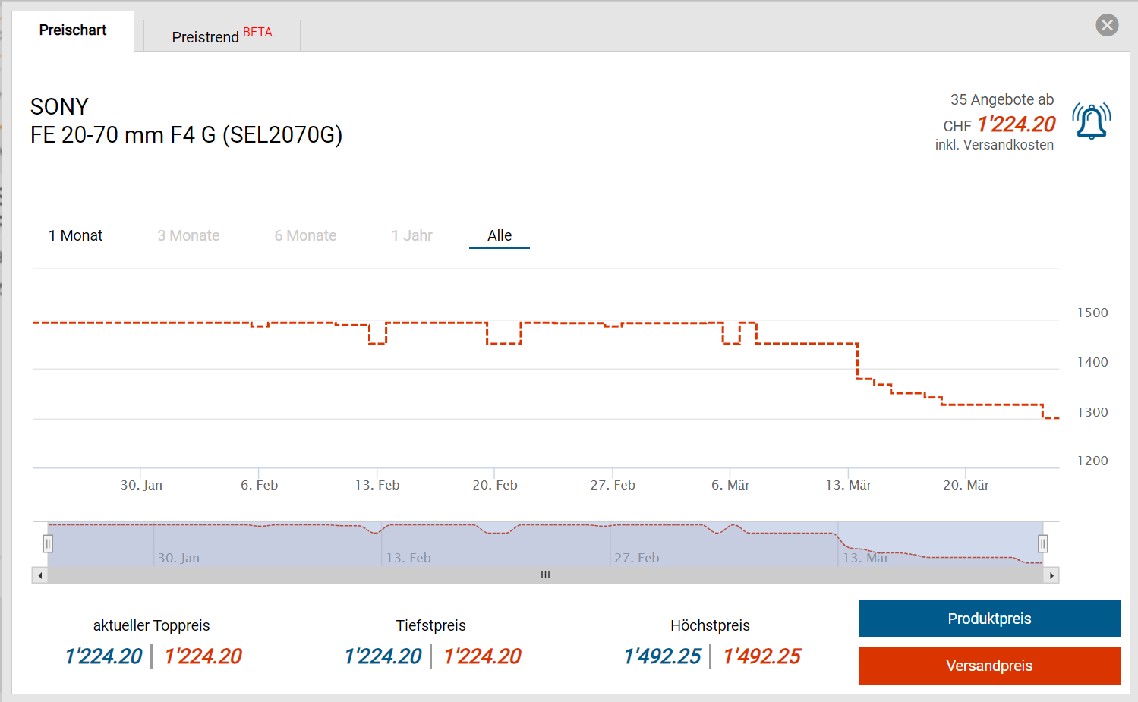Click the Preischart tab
pyautogui.click(x=73, y=30)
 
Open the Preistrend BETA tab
pyautogui.click(x=222, y=36)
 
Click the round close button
pyautogui.click(x=1107, y=25)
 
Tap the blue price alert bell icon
pyautogui.click(x=1092, y=121)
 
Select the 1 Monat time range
pyautogui.click(x=75, y=235)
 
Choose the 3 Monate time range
pyautogui.click(x=188, y=235)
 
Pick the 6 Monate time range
pyautogui.click(x=305, y=235)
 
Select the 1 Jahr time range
pyautogui.click(x=411, y=235)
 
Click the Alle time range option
pyautogui.click(x=500, y=235)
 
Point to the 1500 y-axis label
pyautogui.click(x=1092, y=313)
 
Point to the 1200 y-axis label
pyautogui.click(x=1092, y=461)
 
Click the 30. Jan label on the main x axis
pyautogui.click(x=142, y=485)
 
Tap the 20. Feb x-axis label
pyautogui.click(x=495, y=485)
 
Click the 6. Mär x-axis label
pyautogui.click(x=730, y=485)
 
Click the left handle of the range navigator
pyautogui.click(x=48, y=543)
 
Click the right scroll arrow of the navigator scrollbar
pyautogui.click(x=1051, y=575)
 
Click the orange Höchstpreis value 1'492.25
pyautogui.click(x=761, y=656)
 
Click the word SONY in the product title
pyautogui.click(x=59, y=106)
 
